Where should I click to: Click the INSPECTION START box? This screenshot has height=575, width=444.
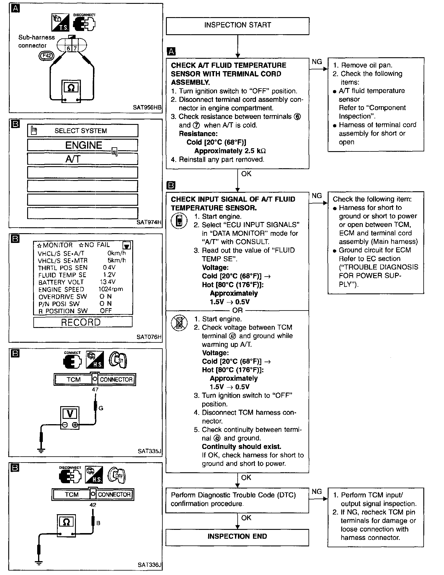[x=237, y=25]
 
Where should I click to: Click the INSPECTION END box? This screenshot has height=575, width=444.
[x=237, y=536]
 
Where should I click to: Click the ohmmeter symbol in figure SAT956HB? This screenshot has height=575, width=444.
[x=71, y=88]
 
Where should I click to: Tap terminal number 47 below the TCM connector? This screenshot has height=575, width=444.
[x=95, y=390]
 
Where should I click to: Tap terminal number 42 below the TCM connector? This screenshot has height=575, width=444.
[x=93, y=505]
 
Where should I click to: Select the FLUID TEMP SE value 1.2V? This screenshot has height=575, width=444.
[x=109, y=275]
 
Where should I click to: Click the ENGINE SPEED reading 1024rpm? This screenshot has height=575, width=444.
[x=111, y=289]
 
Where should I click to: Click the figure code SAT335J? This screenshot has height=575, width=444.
[x=149, y=451]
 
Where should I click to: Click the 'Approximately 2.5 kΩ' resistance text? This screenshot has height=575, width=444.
[x=230, y=151]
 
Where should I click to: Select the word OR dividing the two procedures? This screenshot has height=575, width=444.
[x=237, y=310]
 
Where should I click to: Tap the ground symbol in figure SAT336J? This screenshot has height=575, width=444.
[x=39, y=562]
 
